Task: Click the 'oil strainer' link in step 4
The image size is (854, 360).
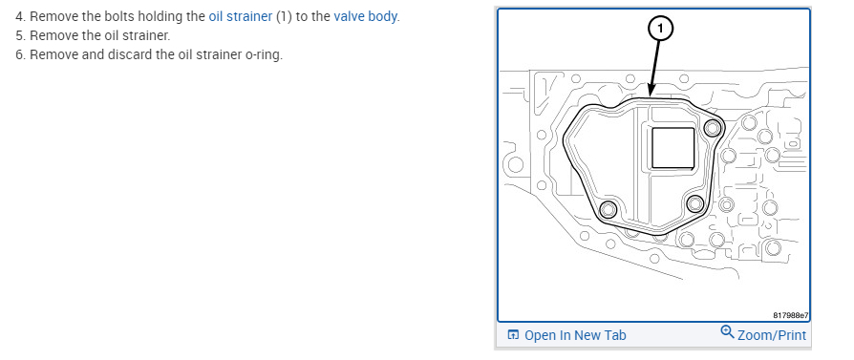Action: click(x=240, y=16)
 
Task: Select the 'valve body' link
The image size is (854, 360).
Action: click(x=365, y=16)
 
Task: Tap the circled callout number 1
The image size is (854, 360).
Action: click(x=661, y=29)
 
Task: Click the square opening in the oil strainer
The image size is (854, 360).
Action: click(x=673, y=148)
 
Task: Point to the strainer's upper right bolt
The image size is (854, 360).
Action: click(x=713, y=128)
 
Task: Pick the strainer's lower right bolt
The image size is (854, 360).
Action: click(x=695, y=204)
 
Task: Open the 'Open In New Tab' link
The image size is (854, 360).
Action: click(x=575, y=335)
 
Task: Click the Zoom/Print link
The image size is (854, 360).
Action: click(x=772, y=334)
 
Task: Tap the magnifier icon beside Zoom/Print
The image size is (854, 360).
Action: click(x=727, y=331)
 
